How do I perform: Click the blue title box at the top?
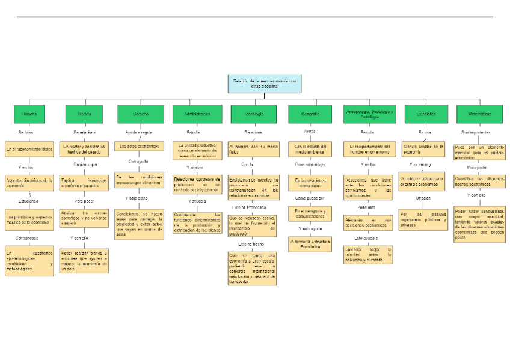point(264,84)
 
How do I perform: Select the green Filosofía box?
point(29,114)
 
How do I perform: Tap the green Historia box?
point(85,114)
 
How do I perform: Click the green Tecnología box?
point(253,114)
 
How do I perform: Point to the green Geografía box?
point(310,114)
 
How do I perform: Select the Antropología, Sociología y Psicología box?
point(370,114)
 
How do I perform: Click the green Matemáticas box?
point(479,114)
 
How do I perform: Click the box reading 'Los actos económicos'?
point(139,146)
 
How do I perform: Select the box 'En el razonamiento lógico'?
point(29,148)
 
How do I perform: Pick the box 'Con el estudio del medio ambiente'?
point(310,148)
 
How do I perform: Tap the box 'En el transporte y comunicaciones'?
point(310,213)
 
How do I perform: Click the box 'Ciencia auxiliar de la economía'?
point(423,148)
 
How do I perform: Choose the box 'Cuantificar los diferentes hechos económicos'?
point(479,181)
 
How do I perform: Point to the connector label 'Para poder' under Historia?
point(85,201)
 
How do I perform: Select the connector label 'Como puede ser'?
point(310,197)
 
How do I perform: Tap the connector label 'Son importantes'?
point(476,132)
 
